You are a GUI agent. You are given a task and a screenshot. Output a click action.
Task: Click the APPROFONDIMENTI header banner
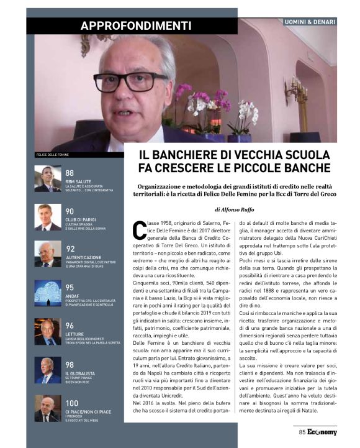click(135, 25)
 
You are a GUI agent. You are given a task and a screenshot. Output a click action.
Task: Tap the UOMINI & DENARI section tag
click(309, 22)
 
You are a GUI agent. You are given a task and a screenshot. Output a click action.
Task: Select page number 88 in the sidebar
click(69, 173)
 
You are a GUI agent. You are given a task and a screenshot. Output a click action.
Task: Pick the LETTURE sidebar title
click(74, 333)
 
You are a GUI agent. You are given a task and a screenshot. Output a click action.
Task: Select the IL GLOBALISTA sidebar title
click(82, 373)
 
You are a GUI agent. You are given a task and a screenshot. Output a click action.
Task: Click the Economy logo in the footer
click(322, 432)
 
